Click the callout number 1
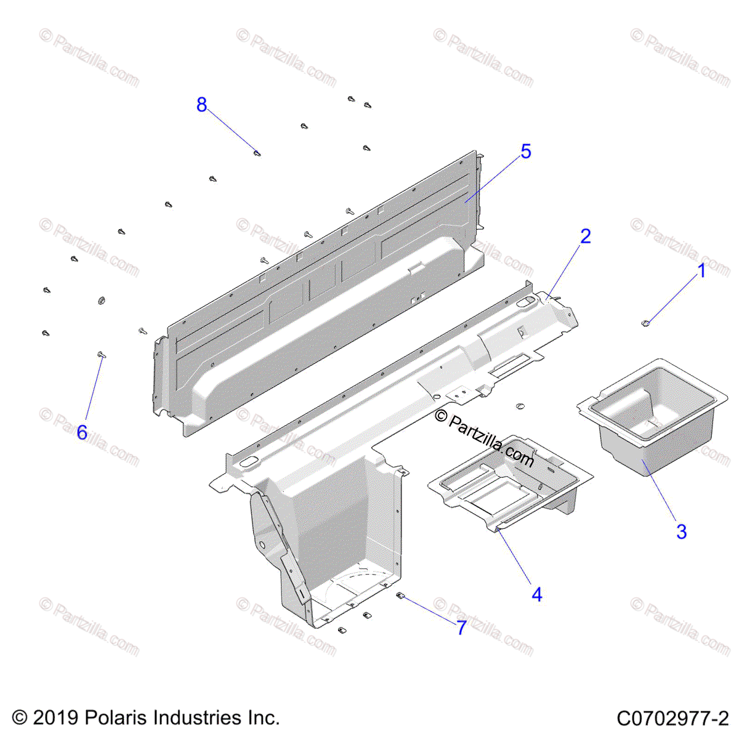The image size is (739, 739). [x=701, y=271]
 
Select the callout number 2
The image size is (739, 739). [x=585, y=236]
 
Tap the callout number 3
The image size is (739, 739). [x=681, y=532]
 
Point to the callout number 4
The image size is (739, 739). [x=537, y=595]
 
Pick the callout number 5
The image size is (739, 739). [x=525, y=151]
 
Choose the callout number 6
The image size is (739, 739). [x=82, y=432]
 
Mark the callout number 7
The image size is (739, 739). [x=461, y=628]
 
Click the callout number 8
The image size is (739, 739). [x=201, y=105]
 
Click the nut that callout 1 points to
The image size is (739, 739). [x=645, y=322]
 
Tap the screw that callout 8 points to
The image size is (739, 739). [x=257, y=152]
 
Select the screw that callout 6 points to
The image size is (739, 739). [x=101, y=355]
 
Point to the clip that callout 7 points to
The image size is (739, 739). [x=400, y=596]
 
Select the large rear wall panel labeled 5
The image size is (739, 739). [x=320, y=296]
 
